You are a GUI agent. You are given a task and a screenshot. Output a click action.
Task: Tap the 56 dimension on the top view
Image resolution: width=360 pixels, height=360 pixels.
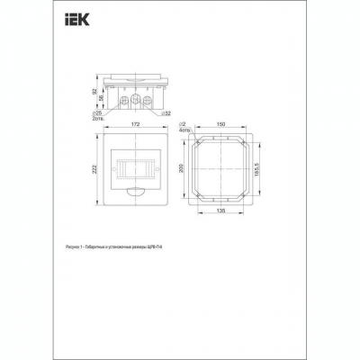101,98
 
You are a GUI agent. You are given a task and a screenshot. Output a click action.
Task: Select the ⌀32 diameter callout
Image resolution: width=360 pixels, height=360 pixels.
167,113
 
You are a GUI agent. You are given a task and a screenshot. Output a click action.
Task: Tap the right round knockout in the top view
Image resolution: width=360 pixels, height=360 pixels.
151,98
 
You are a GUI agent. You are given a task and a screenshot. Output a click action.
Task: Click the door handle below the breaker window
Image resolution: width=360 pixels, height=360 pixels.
136,192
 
